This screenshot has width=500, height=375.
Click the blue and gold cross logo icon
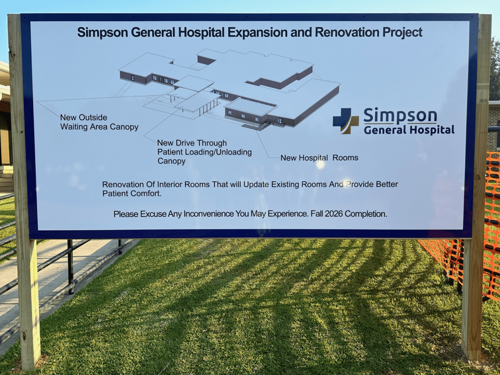(x=346, y=121)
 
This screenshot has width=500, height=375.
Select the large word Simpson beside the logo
(x=400, y=116)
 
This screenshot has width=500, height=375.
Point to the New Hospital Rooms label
(x=319, y=158)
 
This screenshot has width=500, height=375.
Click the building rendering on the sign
(x=229, y=88)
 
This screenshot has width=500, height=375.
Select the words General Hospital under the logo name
(x=409, y=130)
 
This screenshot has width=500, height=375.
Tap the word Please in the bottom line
(x=126, y=214)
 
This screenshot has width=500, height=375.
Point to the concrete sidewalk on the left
(x=29, y=264)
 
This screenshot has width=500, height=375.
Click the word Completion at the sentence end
(x=367, y=214)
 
